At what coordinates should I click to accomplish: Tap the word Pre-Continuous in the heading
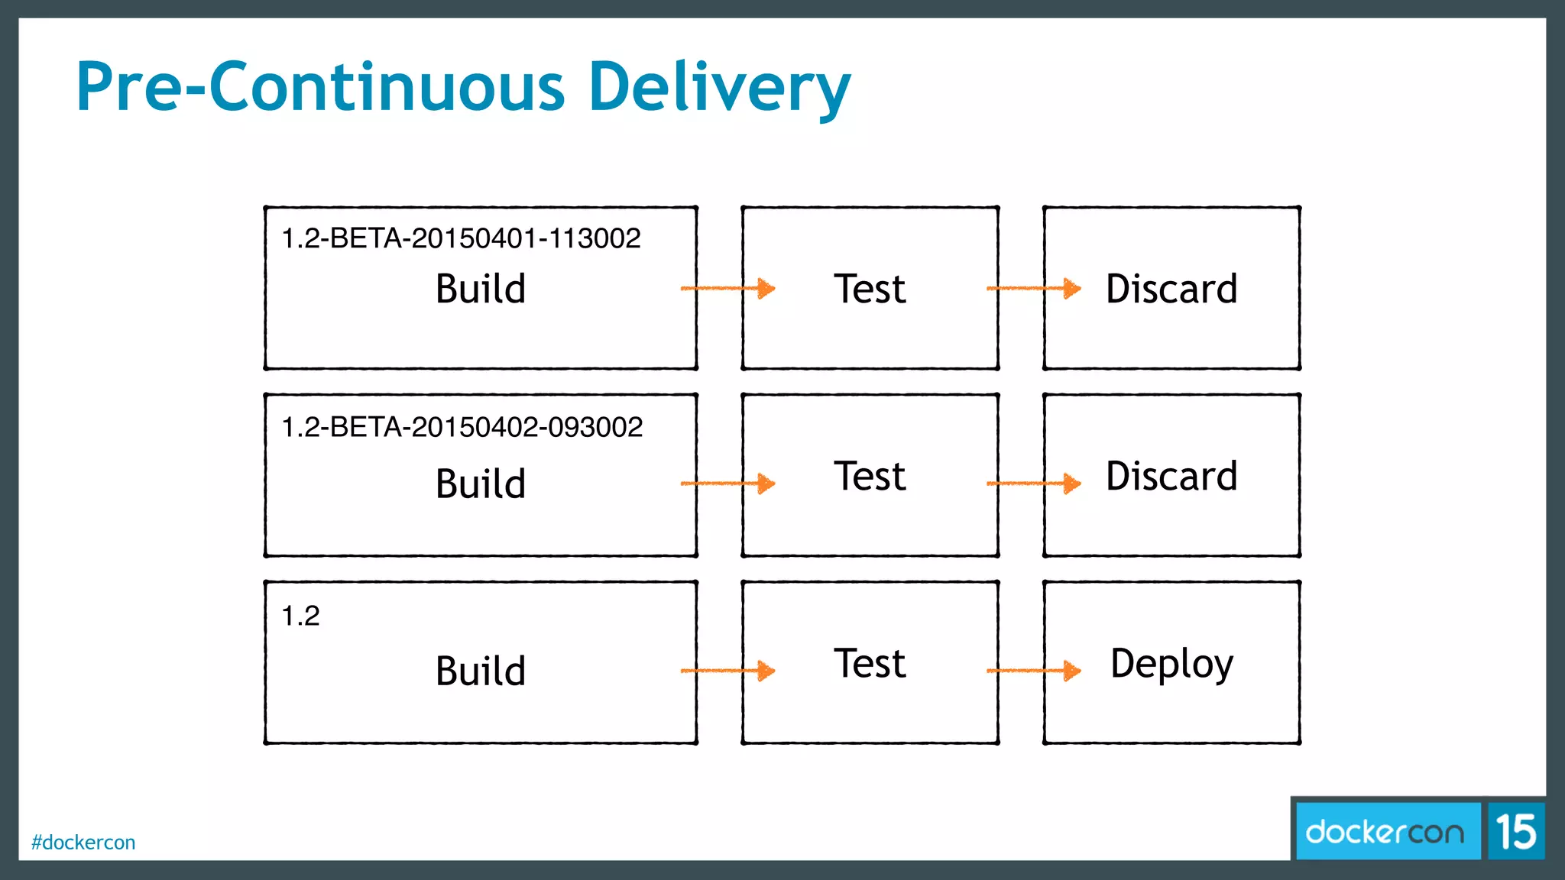tap(321, 87)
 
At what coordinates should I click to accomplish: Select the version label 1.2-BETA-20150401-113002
tap(461, 238)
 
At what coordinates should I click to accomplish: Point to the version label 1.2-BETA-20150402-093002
tap(462, 427)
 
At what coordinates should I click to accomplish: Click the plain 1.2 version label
tap(300, 616)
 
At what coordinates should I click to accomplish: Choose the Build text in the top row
tap(481, 289)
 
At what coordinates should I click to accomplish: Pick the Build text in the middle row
tap(481, 484)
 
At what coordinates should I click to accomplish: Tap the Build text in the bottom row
tap(481, 671)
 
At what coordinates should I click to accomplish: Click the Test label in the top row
tap(870, 289)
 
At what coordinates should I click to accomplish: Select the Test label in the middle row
tap(870, 476)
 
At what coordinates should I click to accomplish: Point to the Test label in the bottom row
tap(870, 663)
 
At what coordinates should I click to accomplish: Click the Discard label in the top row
tap(1171, 289)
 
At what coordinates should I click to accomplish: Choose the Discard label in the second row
tap(1171, 476)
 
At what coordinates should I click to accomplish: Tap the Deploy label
tap(1171, 663)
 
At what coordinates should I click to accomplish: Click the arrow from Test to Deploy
tap(1033, 671)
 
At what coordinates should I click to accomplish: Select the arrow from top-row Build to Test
tap(727, 288)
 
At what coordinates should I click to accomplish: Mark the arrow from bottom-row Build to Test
tap(727, 671)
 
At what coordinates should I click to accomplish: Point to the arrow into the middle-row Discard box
tap(1033, 483)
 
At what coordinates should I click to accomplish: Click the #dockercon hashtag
tap(83, 843)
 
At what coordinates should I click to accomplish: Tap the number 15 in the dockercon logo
tap(1516, 832)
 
